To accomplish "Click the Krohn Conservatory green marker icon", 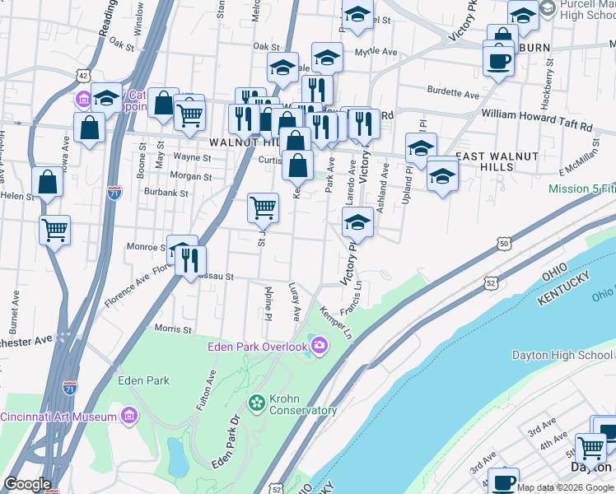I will (x=255, y=403).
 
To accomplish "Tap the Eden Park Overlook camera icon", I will (x=319, y=346).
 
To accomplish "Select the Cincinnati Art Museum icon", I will (x=128, y=417).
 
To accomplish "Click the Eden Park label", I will (x=143, y=380).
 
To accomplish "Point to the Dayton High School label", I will (x=562, y=355).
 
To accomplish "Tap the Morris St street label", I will (x=173, y=329).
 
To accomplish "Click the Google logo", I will (x=27, y=484).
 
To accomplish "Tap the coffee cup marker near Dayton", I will (x=503, y=481).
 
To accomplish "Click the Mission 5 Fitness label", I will (x=582, y=189).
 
